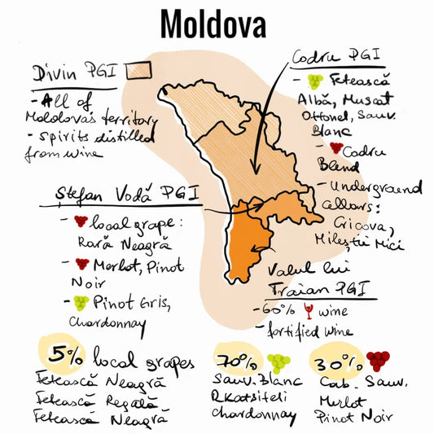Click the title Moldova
click(x=213, y=25)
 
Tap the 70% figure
click(x=235, y=359)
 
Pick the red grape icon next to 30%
click(x=377, y=362)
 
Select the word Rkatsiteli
click(x=254, y=398)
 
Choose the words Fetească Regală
click(x=90, y=401)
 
